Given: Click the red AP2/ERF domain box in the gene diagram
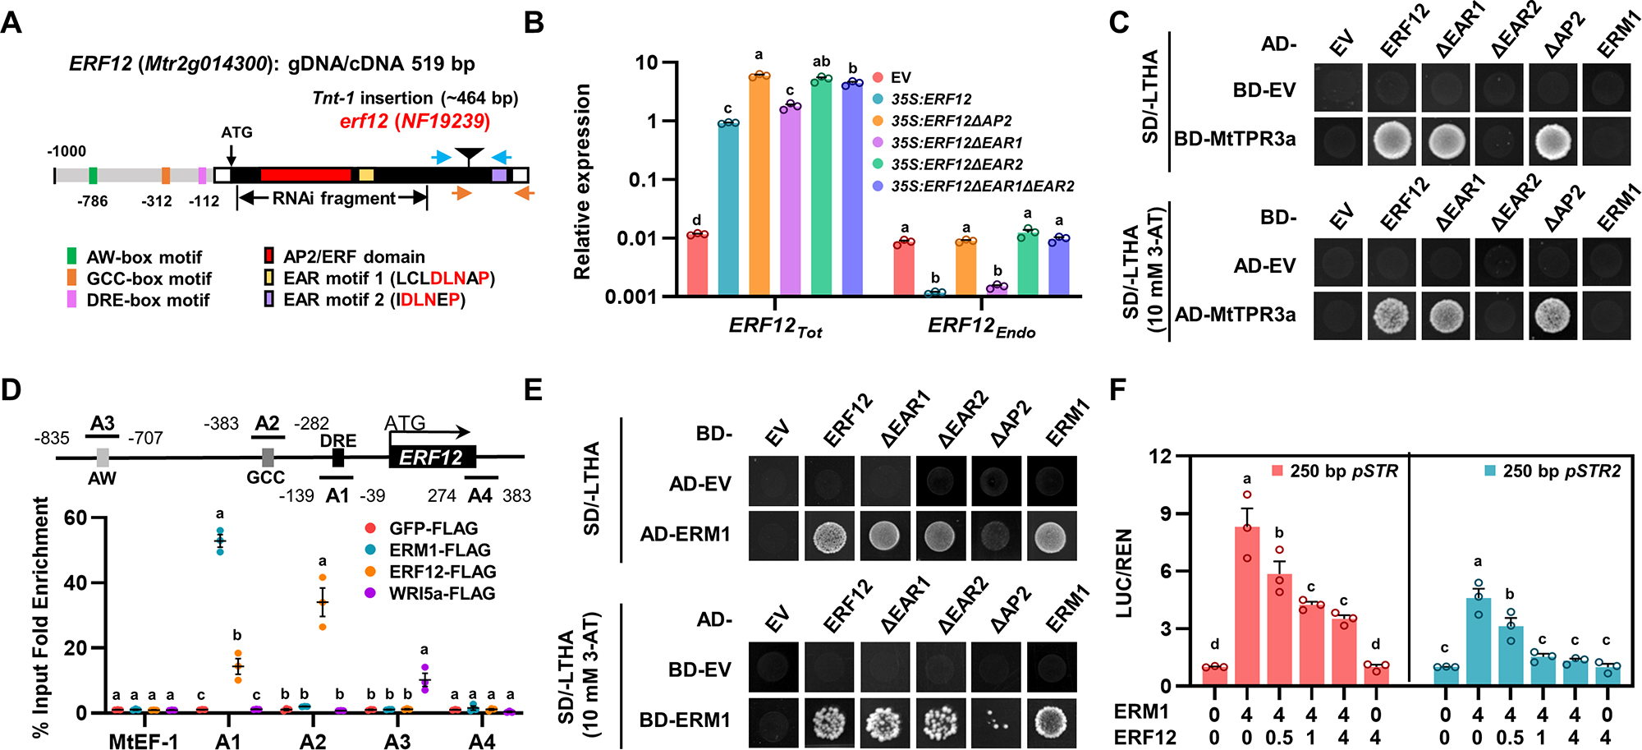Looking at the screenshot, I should [x=305, y=175].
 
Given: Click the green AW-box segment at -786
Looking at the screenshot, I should [x=93, y=175].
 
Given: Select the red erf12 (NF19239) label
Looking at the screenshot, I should [x=415, y=122].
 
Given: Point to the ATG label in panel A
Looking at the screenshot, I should [x=236, y=132].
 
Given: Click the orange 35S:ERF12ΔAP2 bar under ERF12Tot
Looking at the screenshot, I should [x=759, y=184].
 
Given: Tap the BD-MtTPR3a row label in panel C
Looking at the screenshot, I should [x=1234, y=140].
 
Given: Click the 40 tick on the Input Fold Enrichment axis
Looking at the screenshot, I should [x=76, y=583].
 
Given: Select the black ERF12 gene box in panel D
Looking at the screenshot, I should [x=432, y=458].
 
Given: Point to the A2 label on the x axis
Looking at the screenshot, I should [x=313, y=741].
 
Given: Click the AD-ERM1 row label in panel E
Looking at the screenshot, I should [x=686, y=534].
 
